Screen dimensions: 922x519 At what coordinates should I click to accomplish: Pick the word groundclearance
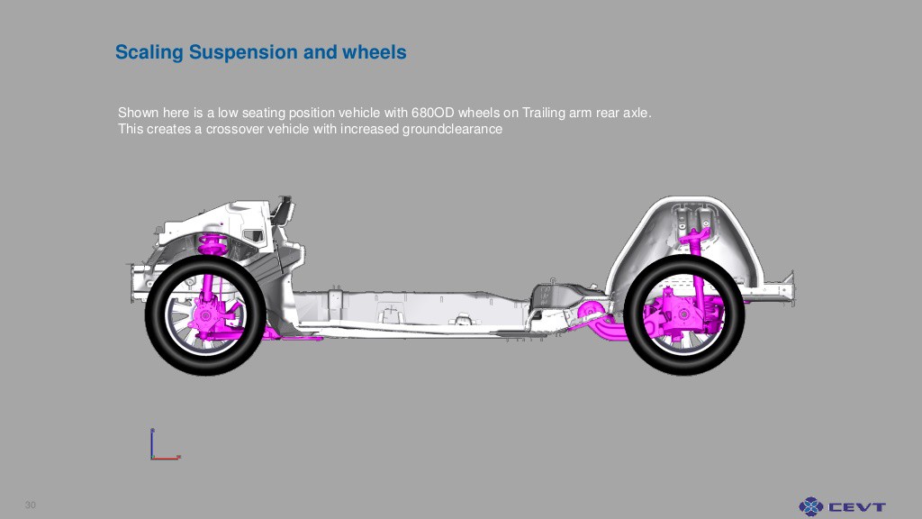click(x=452, y=129)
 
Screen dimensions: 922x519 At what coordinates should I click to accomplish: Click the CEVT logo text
click(x=857, y=506)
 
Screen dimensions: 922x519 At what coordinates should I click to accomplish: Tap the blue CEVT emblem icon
click(x=811, y=506)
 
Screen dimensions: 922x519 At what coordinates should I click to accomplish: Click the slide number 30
click(x=31, y=505)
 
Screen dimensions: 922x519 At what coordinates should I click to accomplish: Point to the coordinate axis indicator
click(x=165, y=444)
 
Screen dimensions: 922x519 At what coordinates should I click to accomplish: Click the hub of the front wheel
click(x=205, y=315)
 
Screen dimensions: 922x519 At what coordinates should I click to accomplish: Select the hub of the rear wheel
click(x=684, y=314)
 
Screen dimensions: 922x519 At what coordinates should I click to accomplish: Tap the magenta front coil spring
click(x=212, y=243)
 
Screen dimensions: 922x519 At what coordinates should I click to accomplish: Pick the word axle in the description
click(x=637, y=113)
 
